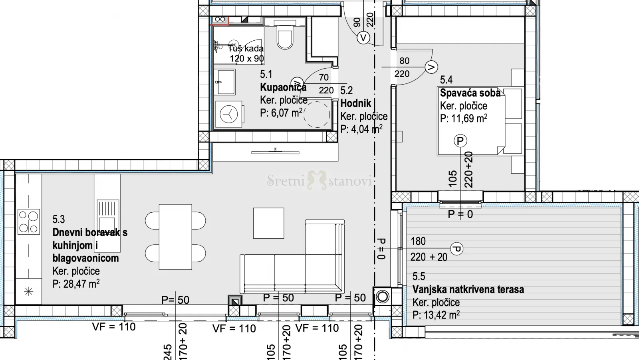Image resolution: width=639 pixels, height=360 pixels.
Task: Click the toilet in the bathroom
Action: (x=285, y=34)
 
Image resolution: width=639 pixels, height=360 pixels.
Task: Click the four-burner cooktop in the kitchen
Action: (x=29, y=222)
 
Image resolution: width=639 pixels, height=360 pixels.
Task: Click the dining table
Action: (x=175, y=237)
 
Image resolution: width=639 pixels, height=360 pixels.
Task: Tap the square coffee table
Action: (x=269, y=223)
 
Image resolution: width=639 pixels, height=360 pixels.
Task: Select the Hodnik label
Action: (x=356, y=103)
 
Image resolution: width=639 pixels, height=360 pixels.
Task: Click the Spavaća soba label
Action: (x=470, y=93)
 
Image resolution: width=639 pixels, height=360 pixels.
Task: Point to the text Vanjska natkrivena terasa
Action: (x=468, y=289)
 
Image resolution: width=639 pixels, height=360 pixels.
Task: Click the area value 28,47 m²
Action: (x=76, y=284)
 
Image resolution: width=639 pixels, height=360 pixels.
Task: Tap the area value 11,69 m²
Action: (x=464, y=118)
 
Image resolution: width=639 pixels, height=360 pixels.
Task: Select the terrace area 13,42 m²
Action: (x=436, y=315)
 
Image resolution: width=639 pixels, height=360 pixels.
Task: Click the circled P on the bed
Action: (x=460, y=141)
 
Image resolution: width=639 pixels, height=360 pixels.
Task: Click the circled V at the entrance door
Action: (x=363, y=38)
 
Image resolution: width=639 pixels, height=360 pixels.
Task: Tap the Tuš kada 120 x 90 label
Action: (x=246, y=53)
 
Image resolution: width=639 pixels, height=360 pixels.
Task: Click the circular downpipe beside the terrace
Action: (x=382, y=297)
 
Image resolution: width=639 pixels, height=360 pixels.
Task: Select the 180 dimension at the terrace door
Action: (x=418, y=241)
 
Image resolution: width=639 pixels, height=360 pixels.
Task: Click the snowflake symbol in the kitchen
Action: (x=29, y=292)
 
